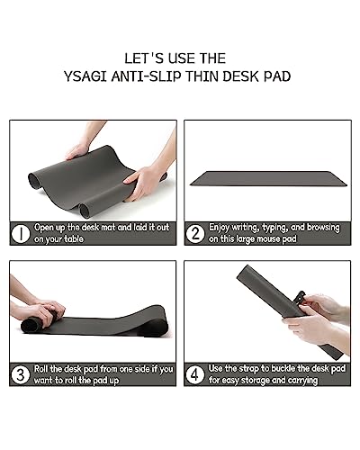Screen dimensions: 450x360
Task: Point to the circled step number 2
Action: (x=195, y=235)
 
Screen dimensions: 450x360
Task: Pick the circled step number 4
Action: (x=195, y=374)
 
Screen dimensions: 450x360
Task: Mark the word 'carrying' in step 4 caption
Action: (x=315, y=381)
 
